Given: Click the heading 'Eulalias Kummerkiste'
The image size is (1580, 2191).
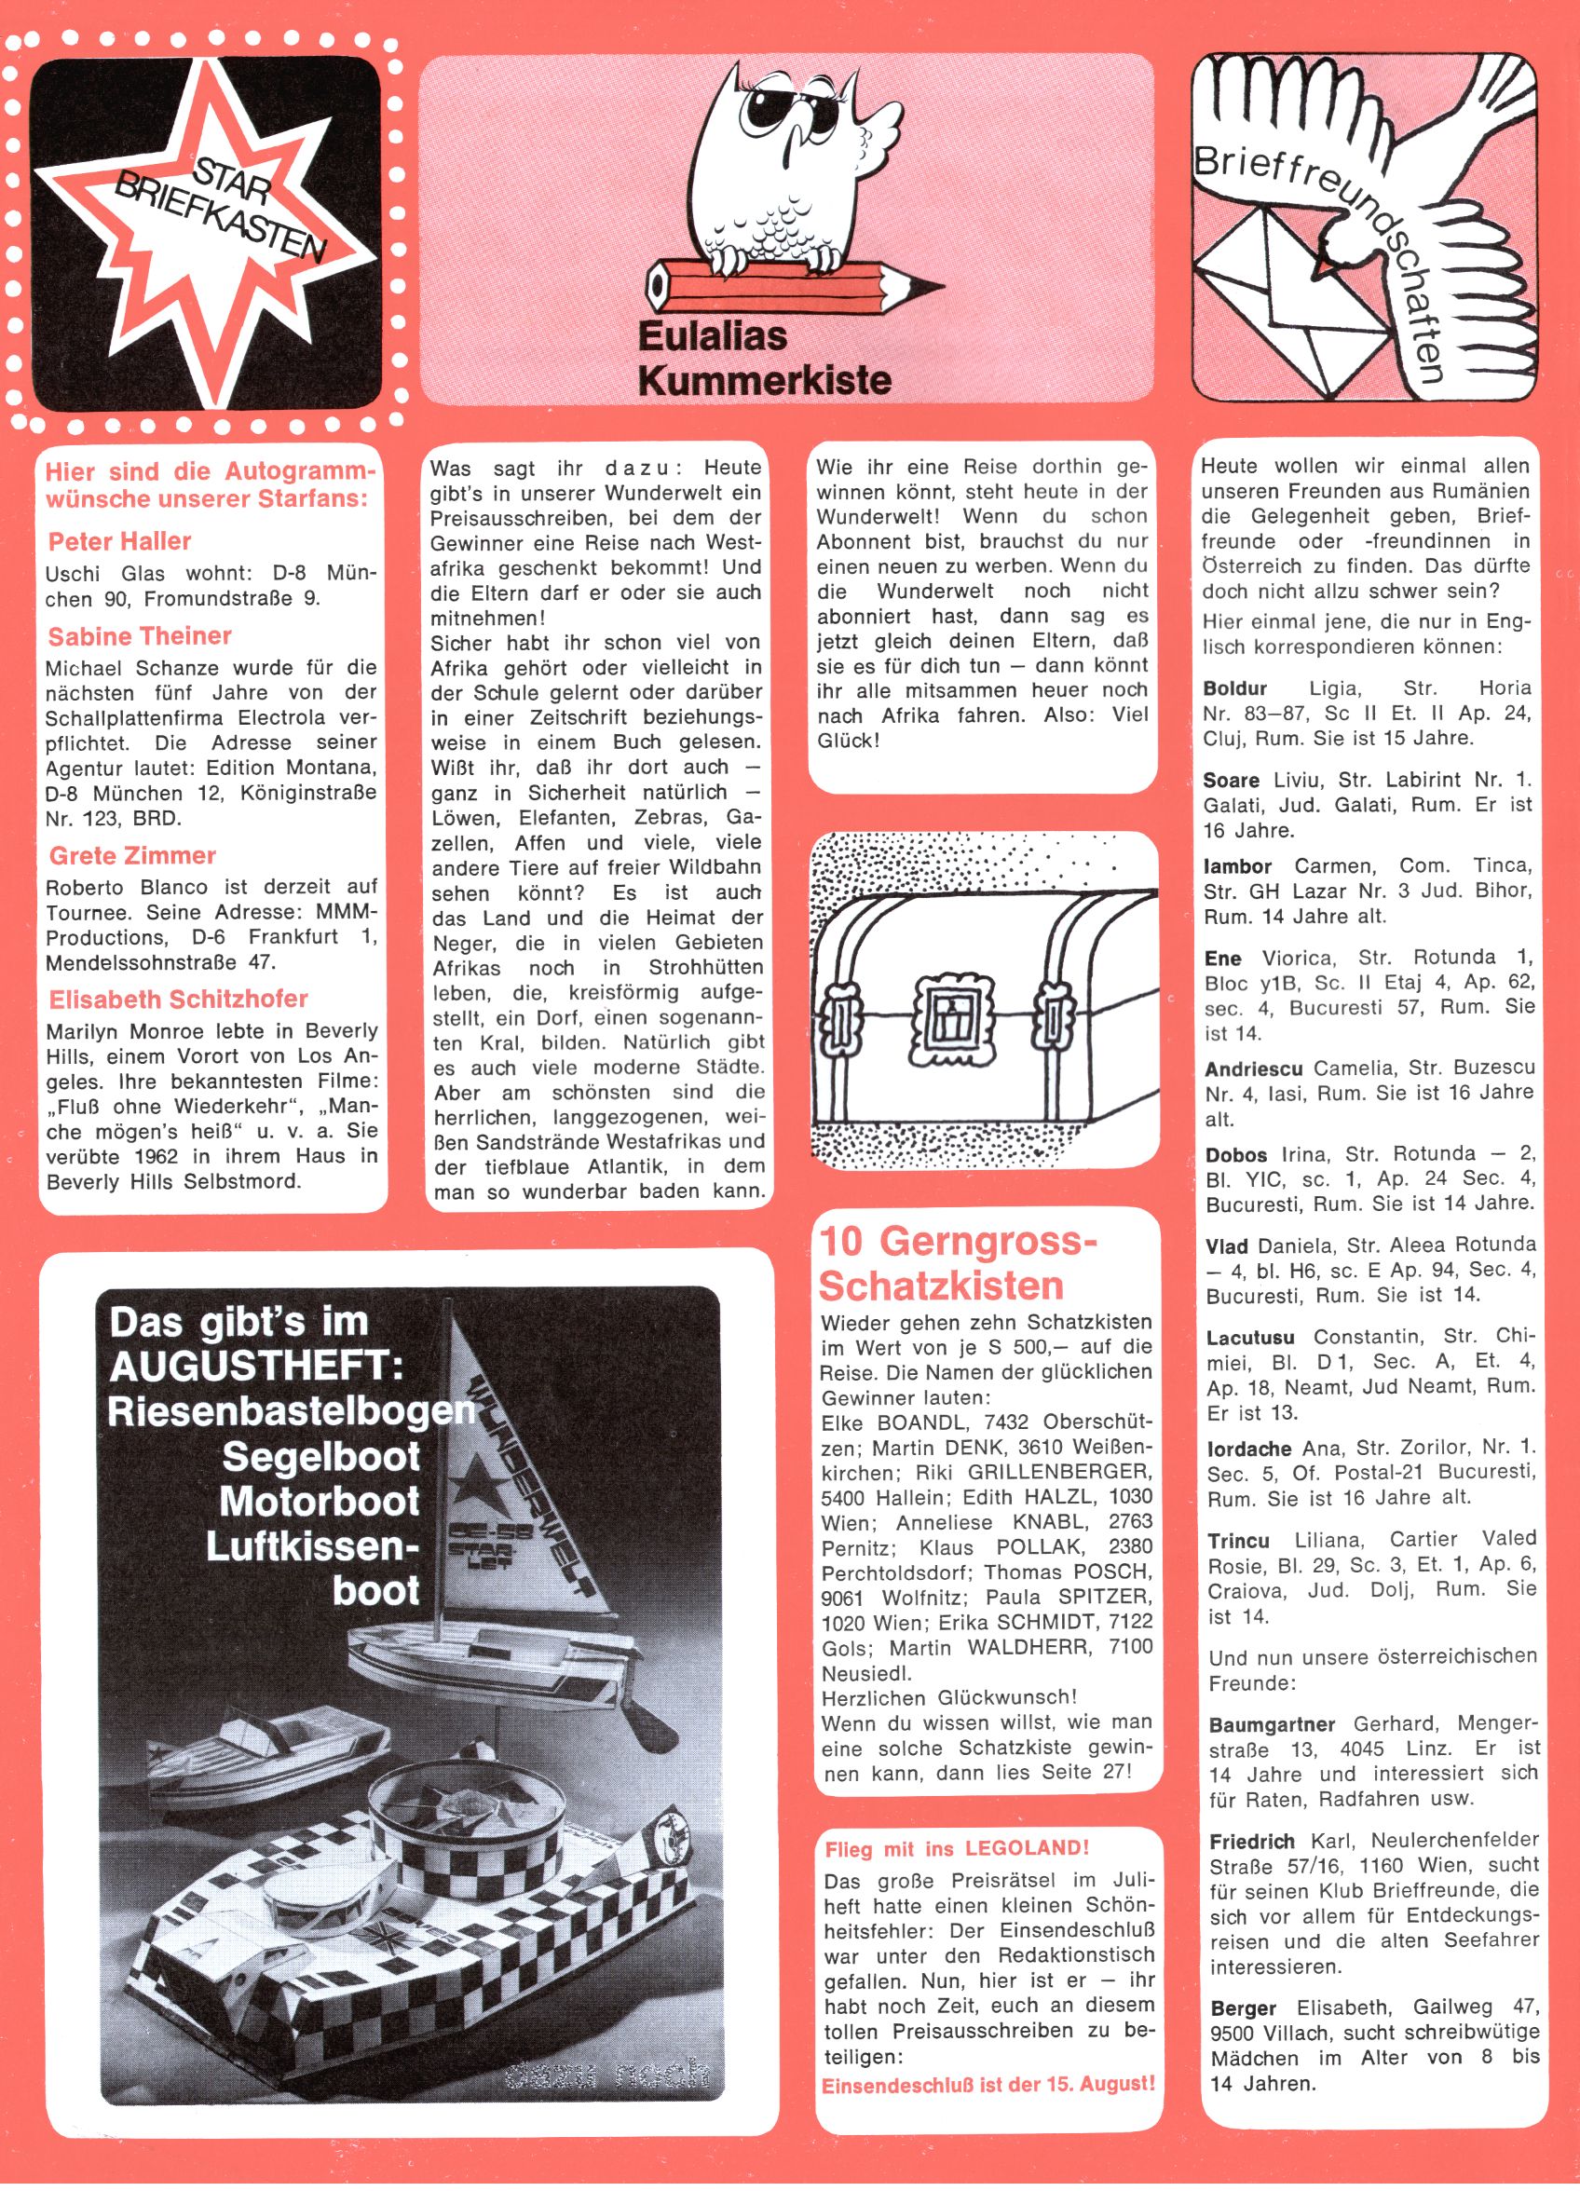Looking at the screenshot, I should coord(763,358).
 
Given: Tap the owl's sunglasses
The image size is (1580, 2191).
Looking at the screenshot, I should coord(801,112).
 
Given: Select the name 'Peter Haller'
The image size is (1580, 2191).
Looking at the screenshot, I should coord(119,541).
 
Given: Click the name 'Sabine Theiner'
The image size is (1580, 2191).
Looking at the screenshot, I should coord(139,635).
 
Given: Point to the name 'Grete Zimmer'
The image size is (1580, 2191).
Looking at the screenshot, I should coord(132,855).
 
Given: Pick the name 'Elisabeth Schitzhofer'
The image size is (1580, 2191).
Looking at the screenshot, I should coord(178,998).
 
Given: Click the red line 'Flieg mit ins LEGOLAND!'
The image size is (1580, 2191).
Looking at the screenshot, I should coord(957,1849).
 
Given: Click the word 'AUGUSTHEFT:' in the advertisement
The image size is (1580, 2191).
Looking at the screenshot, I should coord(255,1367).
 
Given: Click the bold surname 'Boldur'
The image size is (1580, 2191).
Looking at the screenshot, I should coord(1234,687).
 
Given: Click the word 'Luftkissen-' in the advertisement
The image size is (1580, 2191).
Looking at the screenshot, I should coord(312,1546).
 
